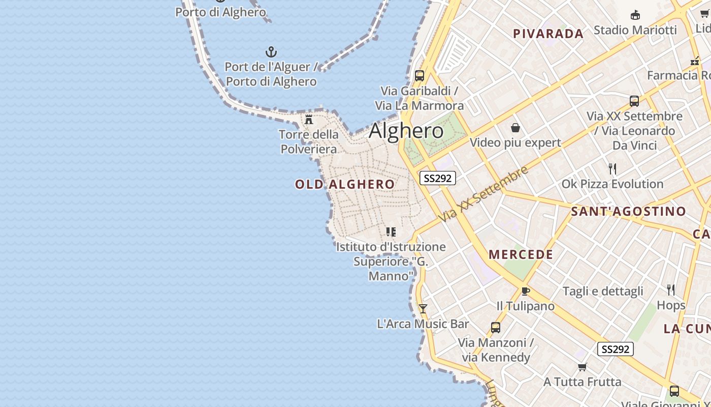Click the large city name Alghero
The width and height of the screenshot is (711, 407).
tap(406, 131)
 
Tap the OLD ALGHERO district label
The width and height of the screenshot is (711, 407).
tap(345, 184)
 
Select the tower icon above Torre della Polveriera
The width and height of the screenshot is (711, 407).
tap(309, 120)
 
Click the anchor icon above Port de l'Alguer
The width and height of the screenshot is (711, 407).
tap(271, 52)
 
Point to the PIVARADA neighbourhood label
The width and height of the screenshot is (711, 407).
tap(548, 34)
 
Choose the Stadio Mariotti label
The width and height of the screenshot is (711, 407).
tap(635, 30)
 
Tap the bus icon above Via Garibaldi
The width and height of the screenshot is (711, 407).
tap(419, 76)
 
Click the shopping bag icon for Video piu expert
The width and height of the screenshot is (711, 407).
tap(515, 128)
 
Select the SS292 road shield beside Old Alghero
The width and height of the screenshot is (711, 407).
tap(438, 178)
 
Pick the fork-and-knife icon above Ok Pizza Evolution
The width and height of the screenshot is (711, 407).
tap(612, 168)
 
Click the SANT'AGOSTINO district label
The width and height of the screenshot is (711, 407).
tap(628, 211)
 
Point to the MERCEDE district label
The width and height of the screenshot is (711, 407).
tap(521, 254)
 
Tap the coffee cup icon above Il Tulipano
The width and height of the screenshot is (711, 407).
tap(526, 292)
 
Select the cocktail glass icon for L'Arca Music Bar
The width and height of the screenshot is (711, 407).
tap(423, 309)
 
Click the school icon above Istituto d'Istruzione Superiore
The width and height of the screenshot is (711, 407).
tap(391, 232)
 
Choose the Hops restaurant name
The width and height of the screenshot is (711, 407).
tap(671, 305)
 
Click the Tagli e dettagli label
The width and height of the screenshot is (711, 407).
tap(603, 292)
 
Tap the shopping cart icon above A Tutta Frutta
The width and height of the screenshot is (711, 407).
tap(583, 367)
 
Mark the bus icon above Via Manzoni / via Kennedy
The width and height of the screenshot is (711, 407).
tap(496, 328)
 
